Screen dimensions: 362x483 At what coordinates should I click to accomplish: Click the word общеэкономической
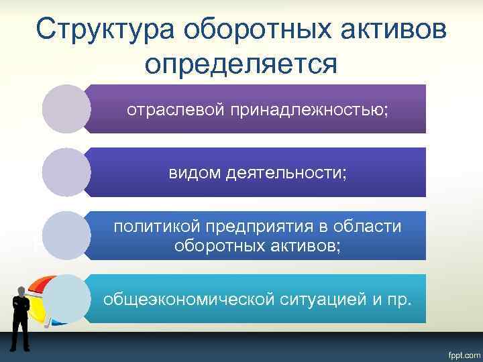(x=189, y=298)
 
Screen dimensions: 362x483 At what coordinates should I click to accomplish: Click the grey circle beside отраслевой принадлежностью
(x=66, y=109)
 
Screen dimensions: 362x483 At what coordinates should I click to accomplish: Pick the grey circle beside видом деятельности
(x=66, y=172)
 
